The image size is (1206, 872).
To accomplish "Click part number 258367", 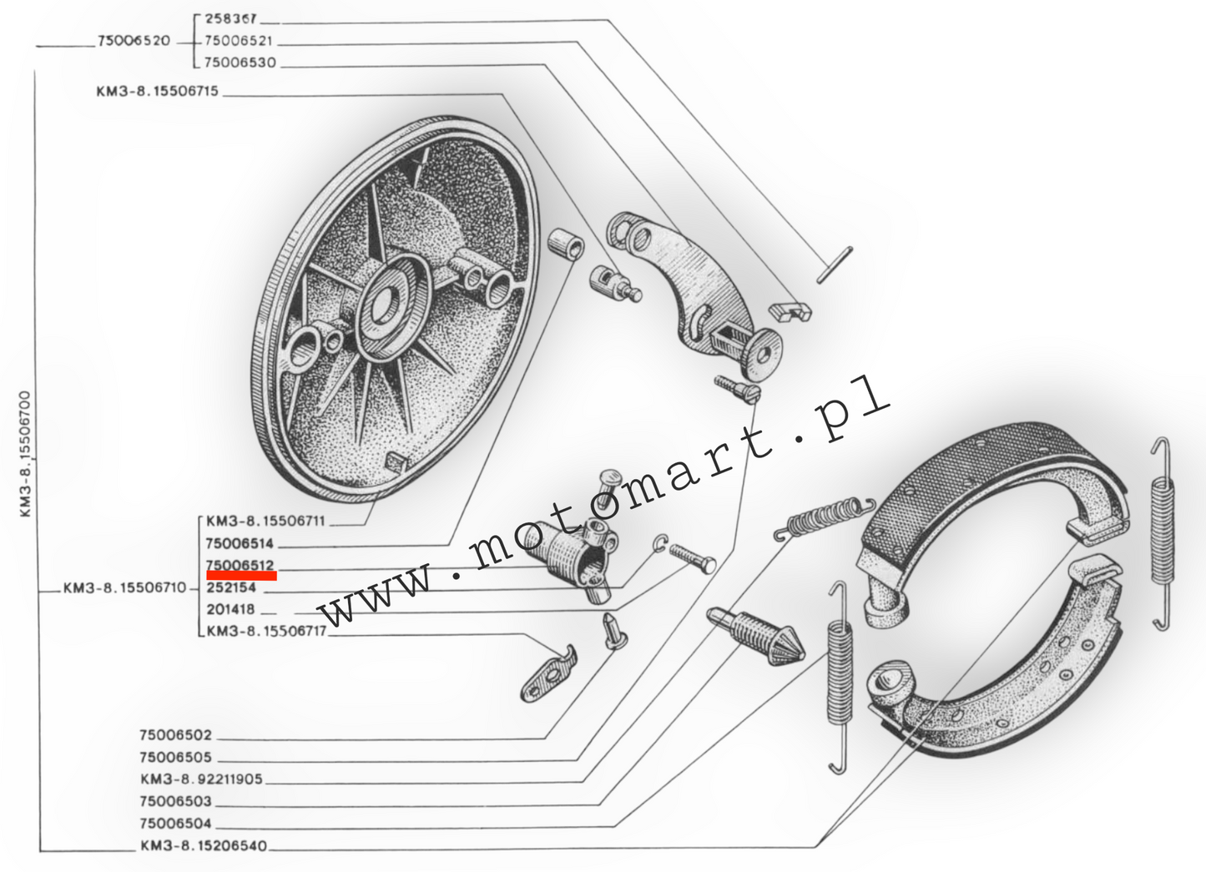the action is [231, 19].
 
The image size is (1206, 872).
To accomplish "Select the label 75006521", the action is [239, 41].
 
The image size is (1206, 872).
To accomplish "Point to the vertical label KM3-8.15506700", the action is [25, 454].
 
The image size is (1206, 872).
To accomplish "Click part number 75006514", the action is [240, 543].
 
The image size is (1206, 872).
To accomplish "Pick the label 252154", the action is [231, 587].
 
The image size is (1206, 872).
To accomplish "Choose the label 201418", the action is [230, 609].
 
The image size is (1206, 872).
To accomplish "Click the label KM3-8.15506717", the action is [266, 631].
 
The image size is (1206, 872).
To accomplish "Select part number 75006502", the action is [175, 735].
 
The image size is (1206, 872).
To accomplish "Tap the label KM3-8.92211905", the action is [201, 779].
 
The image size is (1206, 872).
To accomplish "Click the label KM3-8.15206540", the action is [204, 845].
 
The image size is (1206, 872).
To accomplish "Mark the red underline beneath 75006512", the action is [242, 576].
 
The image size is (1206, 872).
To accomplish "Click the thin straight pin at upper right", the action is [835, 265].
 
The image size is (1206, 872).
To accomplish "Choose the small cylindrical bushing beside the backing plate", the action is [566, 244].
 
